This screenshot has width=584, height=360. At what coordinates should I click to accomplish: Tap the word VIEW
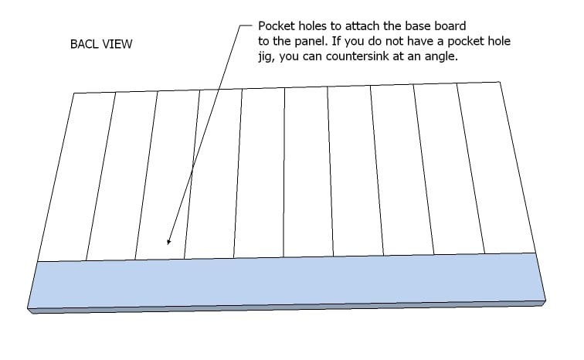coord(117,44)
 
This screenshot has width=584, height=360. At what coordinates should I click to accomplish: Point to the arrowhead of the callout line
coord(168,242)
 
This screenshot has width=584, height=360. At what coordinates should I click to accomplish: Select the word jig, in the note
coord(267,57)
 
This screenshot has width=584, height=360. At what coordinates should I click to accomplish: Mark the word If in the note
coord(336,41)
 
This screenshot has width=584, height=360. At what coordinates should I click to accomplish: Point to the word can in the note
coord(312,56)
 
